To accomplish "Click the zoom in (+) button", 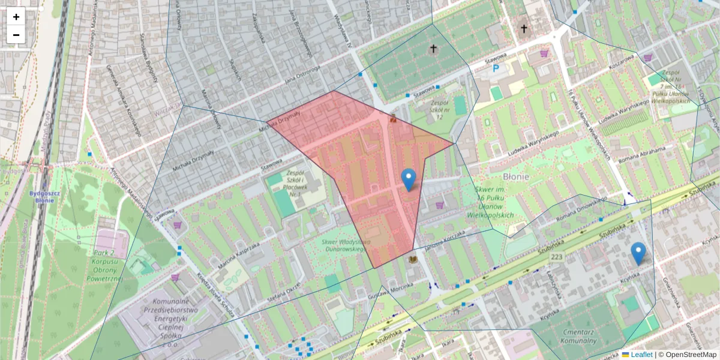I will (16, 17).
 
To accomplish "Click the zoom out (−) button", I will (16, 35).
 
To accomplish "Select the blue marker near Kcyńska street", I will (638, 254).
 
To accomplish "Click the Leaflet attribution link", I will (641, 355).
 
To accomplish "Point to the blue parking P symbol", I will (496, 69).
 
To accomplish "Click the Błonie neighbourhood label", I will (515, 176).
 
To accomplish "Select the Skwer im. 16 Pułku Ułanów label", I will (494, 202).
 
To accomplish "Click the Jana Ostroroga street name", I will (302, 77).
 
